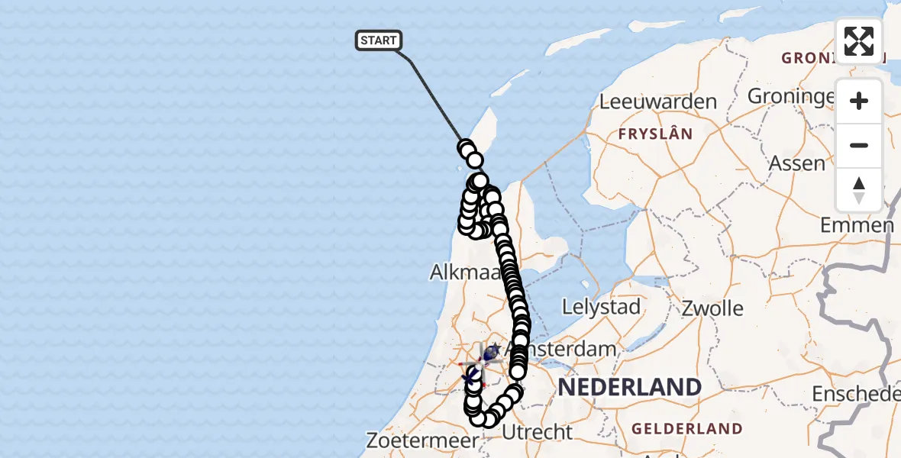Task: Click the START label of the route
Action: pos(378,40)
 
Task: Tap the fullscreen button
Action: pos(859,41)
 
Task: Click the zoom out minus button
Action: pos(859,145)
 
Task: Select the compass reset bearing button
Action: pos(859,189)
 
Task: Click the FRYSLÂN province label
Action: pos(656,134)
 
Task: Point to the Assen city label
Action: pos(797,163)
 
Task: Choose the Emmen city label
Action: pos(857,225)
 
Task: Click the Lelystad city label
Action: pos(600,308)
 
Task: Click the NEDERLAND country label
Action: pos(629,387)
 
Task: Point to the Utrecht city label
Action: pos(538,432)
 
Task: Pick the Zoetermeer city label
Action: pos(422,441)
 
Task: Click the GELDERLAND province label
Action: pos(687,429)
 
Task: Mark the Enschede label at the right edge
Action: pos(855,394)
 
